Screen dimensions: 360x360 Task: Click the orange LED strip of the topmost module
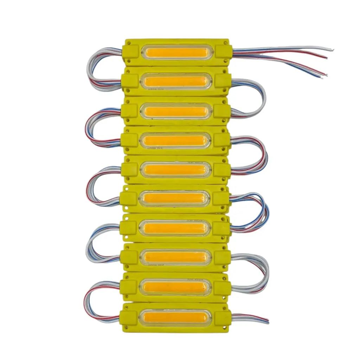click(x=176, y=53)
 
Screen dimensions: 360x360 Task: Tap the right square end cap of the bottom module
click(x=222, y=317)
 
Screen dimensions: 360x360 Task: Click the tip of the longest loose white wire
click(x=332, y=50)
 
